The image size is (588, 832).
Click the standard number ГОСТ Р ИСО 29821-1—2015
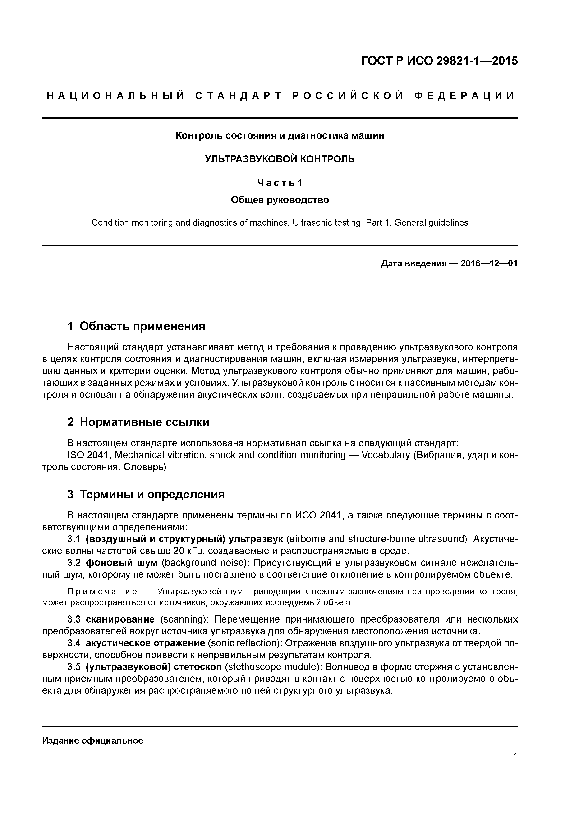(x=440, y=61)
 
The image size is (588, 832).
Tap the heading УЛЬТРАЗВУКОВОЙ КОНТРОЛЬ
(x=280, y=159)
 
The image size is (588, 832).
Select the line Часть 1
(x=280, y=183)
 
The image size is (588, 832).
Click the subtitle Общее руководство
(x=280, y=200)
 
